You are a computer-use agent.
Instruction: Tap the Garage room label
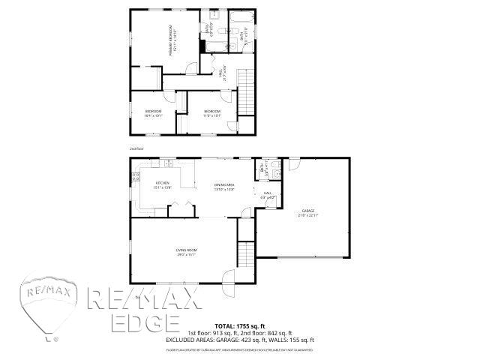(x=309, y=213)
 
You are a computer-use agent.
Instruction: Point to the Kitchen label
(x=163, y=184)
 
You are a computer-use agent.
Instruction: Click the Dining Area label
(x=224, y=186)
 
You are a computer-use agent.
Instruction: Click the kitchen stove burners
(x=136, y=178)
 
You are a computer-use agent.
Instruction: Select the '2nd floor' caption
(x=136, y=148)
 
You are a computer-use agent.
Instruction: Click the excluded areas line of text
(x=239, y=339)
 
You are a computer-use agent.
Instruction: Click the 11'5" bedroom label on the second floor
(x=211, y=113)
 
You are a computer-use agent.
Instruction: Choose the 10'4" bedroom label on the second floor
(x=153, y=113)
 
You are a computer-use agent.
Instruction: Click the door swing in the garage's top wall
(x=294, y=163)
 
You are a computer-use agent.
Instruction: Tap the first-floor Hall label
(x=268, y=195)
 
